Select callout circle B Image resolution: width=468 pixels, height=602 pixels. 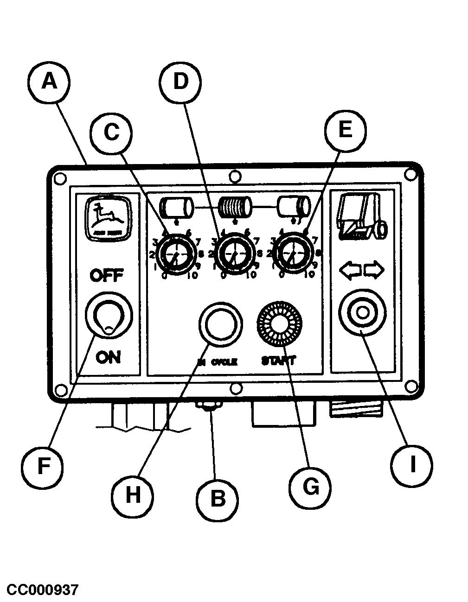click(x=217, y=499)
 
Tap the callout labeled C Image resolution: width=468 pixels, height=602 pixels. click(x=111, y=132)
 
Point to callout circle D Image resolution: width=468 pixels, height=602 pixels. click(x=181, y=82)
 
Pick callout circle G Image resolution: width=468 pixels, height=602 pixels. click(x=310, y=486)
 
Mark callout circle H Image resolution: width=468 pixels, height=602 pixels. click(x=133, y=494)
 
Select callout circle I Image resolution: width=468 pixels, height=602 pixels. click(x=412, y=464)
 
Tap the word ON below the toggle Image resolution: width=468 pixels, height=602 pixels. click(x=109, y=357)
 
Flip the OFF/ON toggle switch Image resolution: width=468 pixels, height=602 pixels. click(x=108, y=317)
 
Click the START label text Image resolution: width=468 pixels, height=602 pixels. click(x=278, y=360)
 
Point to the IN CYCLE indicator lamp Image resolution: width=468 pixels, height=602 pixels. click(x=220, y=323)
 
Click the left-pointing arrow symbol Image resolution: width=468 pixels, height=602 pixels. click(x=350, y=270)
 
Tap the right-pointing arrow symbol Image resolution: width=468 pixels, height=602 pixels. click(x=374, y=270)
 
